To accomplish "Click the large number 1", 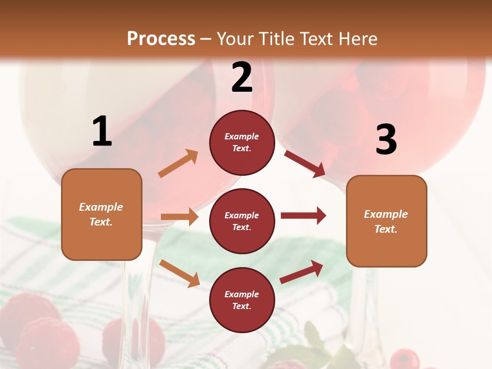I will pyautogui.click(x=102, y=132).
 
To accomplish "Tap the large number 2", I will pyautogui.click(x=242, y=77).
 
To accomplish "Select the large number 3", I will pyautogui.click(x=386, y=140).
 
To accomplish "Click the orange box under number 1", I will pyautogui.click(x=101, y=214).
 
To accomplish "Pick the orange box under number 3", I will pyautogui.click(x=386, y=221).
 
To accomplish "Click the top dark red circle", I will pyautogui.click(x=242, y=142).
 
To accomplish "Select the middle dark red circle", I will pyautogui.click(x=242, y=221).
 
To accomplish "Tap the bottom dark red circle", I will pyautogui.click(x=242, y=300).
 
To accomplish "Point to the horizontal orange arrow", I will pyautogui.click(x=179, y=217).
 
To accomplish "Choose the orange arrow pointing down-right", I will pyautogui.click(x=179, y=273).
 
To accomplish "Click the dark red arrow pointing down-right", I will pyautogui.click(x=305, y=163).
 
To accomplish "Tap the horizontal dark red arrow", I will pyautogui.click(x=303, y=216).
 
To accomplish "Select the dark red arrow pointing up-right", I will pyautogui.click(x=302, y=272).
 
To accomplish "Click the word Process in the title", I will pyautogui.click(x=161, y=38).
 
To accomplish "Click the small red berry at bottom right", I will pyautogui.click(x=405, y=359).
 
